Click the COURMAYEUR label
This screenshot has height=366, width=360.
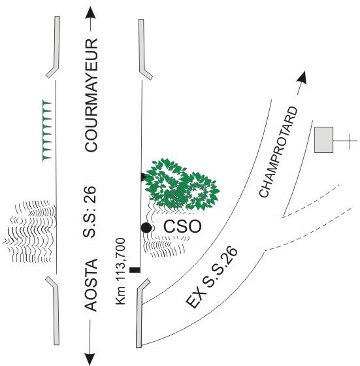[x=91, y=95]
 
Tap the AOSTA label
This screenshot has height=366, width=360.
[x=91, y=285]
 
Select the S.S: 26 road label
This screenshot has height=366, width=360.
[x=90, y=212]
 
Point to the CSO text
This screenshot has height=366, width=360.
[x=182, y=226]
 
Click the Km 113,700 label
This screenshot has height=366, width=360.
[x=121, y=271]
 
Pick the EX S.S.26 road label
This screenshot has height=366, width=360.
[x=212, y=277]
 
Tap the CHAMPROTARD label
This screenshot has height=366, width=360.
[x=278, y=152]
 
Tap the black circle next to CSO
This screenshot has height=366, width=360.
[x=146, y=227]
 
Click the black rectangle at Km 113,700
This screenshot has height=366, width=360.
[x=135, y=270]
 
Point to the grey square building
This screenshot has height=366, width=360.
[x=323, y=140]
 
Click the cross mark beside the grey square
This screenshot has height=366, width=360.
[x=350, y=141]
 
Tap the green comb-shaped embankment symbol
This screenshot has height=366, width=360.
[x=46, y=131]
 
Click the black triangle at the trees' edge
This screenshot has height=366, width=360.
[x=144, y=176]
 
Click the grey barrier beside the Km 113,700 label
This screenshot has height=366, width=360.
[x=141, y=313]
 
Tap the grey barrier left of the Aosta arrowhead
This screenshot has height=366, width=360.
[x=54, y=310]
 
